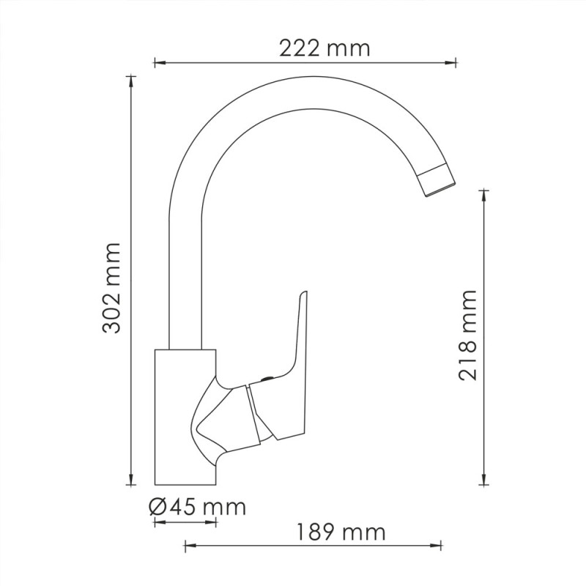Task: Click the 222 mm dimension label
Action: pos(324,48)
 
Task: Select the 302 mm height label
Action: pos(111,288)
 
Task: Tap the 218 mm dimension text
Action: pos(468,335)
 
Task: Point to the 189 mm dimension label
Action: pos(341,532)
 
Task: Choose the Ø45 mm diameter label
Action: pos(197,507)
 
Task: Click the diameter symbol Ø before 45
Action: pos(157,507)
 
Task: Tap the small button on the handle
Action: pos(267,379)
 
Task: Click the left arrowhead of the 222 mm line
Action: pos(159,63)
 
